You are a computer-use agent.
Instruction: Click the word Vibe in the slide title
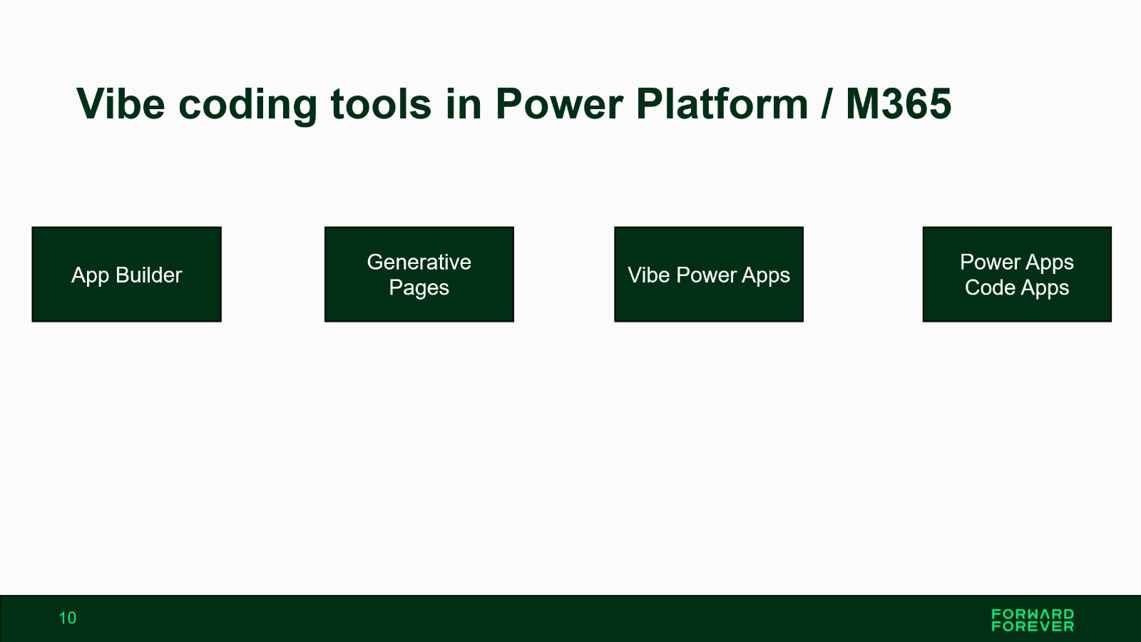click(x=121, y=104)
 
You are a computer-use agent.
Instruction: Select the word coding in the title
click(x=248, y=106)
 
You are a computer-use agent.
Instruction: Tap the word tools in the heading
click(x=381, y=104)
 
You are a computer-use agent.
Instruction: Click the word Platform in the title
click(x=722, y=104)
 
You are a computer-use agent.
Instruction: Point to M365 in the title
click(x=899, y=104)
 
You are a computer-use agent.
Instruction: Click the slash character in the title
click(x=827, y=104)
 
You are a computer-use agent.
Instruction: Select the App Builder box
click(x=127, y=274)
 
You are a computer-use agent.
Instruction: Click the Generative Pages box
click(x=419, y=274)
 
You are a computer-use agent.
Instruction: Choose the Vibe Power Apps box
click(x=709, y=274)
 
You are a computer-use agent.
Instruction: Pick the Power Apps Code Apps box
click(x=1017, y=274)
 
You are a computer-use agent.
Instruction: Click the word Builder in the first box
click(x=149, y=275)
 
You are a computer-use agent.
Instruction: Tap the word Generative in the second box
click(x=419, y=262)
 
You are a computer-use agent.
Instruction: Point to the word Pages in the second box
click(x=419, y=288)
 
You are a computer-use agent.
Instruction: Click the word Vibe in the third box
click(x=648, y=275)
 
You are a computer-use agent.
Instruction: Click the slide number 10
click(x=68, y=618)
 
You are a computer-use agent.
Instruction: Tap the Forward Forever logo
click(x=1033, y=620)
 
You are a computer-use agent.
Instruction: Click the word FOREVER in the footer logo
click(x=1033, y=626)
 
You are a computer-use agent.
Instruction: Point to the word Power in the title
click(x=559, y=104)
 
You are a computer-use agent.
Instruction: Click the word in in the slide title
click(x=464, y=104)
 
